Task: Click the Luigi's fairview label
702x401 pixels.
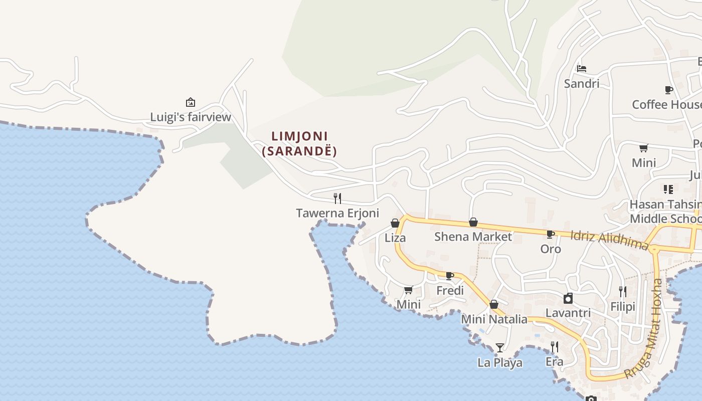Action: point(191,117)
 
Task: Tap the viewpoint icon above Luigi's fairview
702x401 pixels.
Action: point(191,102)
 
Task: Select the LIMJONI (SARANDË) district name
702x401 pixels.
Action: point(299,143)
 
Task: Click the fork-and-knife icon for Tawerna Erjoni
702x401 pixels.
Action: point(337,198)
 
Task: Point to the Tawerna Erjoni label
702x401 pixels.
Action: point(337,213)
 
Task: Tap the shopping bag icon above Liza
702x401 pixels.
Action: point(395,223)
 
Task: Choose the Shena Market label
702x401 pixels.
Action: point(473,237)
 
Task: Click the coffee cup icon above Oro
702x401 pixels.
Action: point(550,234)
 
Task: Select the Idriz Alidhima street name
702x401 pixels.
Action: point(610,240)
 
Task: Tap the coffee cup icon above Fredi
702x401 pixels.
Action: point(450,276)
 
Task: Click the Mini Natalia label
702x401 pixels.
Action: point(494,319)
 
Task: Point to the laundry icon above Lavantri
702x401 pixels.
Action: point(568,299)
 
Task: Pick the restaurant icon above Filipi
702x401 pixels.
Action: point(622,291)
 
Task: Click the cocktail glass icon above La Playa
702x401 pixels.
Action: point(499,347)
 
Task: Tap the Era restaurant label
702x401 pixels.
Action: point(554,362)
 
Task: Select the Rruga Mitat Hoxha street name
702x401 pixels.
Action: point(644,328)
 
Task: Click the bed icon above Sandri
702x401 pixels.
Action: point(582,68)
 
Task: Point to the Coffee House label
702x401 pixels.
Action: point(666,104)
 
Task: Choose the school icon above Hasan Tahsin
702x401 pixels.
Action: point(668,189)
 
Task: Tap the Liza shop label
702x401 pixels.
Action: point(395,238)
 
